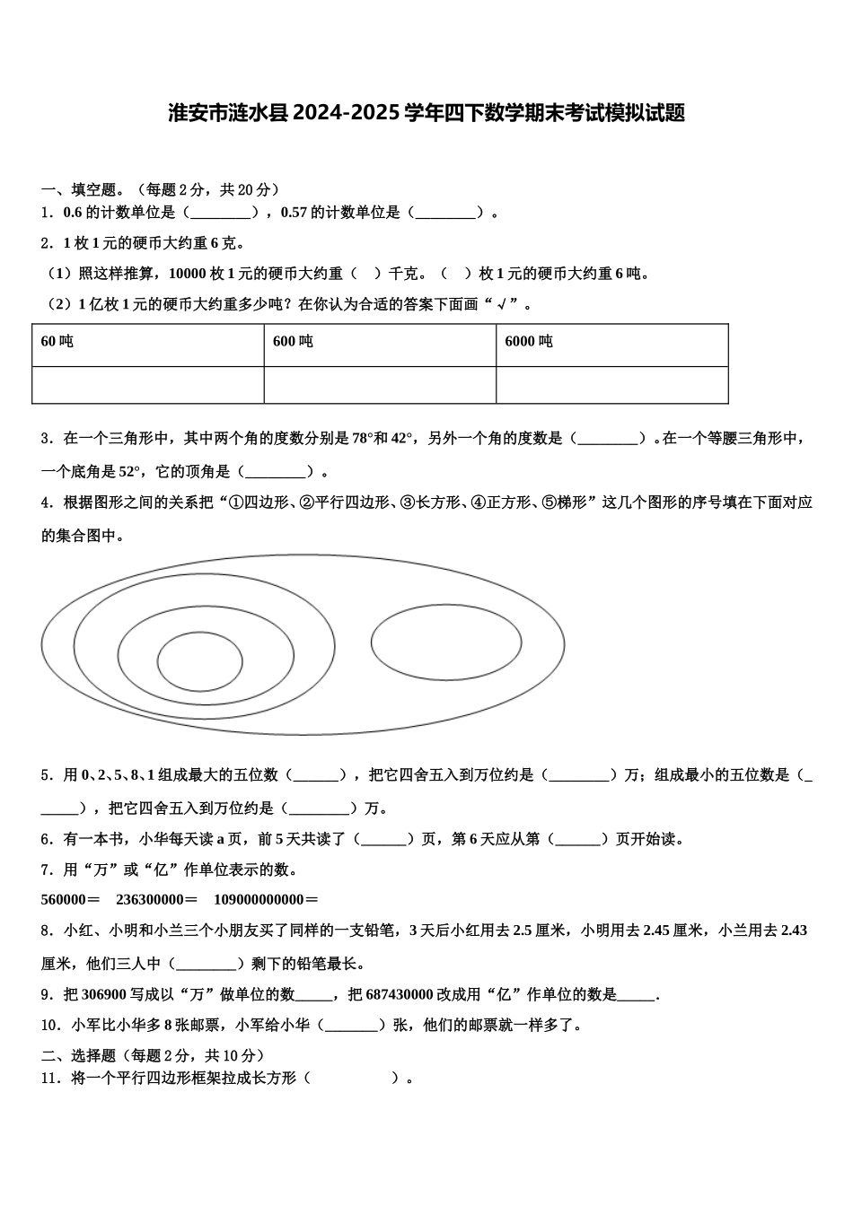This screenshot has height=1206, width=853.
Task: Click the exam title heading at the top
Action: [x=426, y=113]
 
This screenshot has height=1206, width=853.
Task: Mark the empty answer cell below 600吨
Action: [x=380, y=385]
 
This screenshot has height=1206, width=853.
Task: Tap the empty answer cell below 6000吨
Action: [x=611, y=385]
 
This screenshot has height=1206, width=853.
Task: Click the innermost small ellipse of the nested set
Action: [x=199, y=662]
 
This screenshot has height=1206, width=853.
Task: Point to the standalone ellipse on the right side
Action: [x=446, y=642]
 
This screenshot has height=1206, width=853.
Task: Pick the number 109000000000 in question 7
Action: [x=259, y=900]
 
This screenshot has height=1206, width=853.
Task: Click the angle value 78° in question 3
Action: [x=362, y=439]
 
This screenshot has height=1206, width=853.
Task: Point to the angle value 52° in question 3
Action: [x=130, y=471]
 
